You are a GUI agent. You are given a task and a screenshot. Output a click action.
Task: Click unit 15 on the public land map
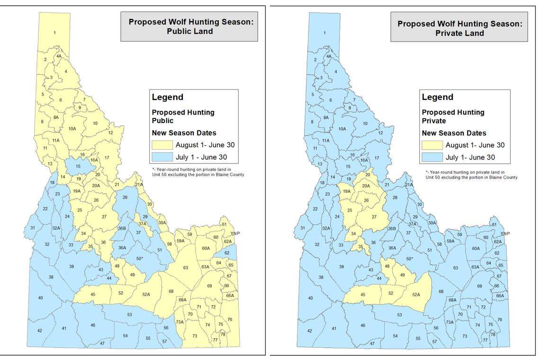78,166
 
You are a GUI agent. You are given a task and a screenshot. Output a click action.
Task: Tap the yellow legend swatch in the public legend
162,145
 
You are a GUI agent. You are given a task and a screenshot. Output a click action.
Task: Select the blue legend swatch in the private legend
432,157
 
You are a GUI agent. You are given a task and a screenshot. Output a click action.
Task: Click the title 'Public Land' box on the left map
189,27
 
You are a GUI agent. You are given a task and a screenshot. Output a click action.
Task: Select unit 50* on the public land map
139,258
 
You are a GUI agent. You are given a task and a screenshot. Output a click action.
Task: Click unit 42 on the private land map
309,331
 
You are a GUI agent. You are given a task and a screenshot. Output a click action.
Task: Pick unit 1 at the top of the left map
55,32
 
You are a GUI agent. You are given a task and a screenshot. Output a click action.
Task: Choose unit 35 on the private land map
360,247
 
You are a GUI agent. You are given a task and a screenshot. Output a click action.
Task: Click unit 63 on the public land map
186,268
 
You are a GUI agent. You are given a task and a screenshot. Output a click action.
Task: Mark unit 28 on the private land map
395,197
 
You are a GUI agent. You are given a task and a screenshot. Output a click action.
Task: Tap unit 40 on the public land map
40,297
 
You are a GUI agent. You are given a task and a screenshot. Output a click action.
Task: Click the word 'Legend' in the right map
437,97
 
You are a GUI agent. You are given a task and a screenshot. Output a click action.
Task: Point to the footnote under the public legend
198,172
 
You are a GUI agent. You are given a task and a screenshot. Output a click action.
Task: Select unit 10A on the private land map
342,129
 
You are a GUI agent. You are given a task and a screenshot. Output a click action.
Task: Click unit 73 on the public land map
195,336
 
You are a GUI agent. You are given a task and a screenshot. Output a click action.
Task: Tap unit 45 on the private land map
363,295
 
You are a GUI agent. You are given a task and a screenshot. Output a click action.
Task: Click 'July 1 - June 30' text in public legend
205,157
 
